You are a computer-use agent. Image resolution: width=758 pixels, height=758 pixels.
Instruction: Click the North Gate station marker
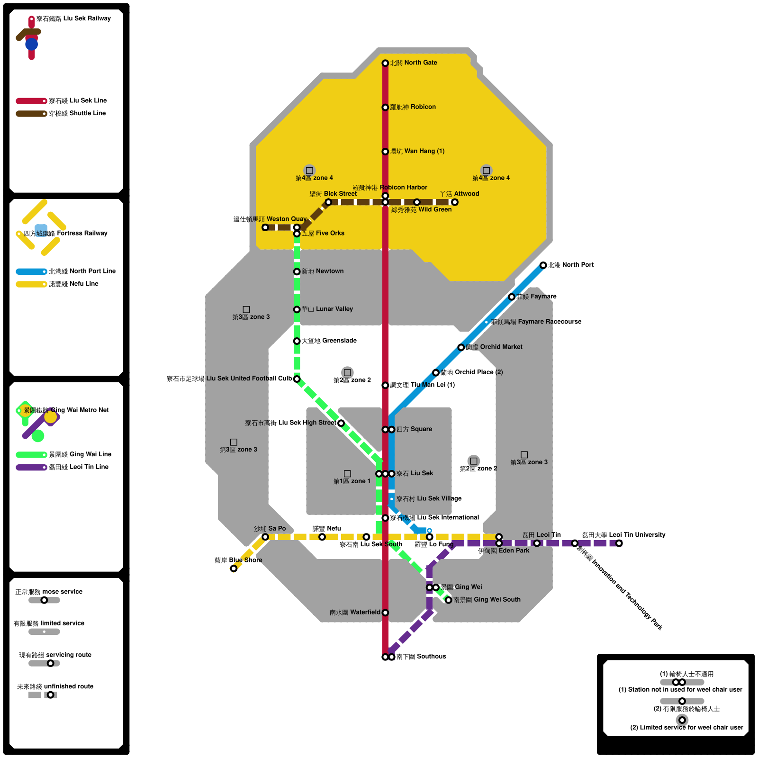(385, 63)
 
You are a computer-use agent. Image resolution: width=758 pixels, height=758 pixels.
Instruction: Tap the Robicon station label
(413, 107)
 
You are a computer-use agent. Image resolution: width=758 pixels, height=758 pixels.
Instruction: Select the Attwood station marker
(455, 202)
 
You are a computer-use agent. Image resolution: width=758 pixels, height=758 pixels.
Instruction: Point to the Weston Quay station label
(270, 219)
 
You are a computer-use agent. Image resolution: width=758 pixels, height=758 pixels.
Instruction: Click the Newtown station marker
(297, 271)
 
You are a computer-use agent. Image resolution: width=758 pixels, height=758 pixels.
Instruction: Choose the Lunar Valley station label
(327, 309)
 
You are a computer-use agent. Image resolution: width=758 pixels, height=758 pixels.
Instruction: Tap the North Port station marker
(543, 265)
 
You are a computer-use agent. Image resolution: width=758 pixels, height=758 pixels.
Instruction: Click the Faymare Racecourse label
(536, 322)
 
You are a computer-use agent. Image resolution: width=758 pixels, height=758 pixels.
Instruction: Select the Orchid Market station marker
(461, 347)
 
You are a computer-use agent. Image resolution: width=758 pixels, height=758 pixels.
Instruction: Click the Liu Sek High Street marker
(341, 423)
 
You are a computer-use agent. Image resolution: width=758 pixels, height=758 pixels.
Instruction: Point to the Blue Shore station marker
(234, 568)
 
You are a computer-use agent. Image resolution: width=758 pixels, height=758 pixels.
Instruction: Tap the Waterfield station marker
(385, 613)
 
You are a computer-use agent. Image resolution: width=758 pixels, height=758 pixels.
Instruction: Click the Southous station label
(421, 657)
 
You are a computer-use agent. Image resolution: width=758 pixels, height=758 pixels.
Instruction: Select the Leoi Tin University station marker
(619, 543)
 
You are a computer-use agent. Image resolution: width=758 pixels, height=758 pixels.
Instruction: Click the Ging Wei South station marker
(448, 600)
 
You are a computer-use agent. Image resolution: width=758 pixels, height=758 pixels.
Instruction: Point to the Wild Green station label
(421, 209)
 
